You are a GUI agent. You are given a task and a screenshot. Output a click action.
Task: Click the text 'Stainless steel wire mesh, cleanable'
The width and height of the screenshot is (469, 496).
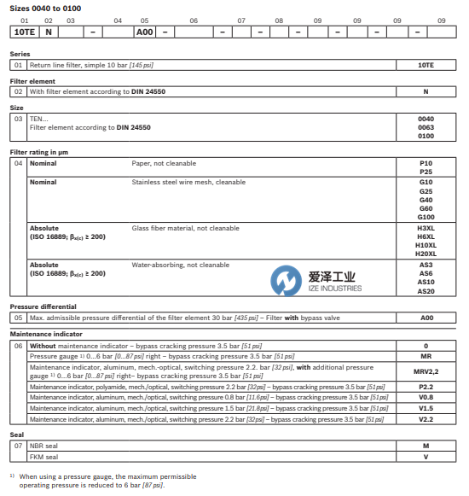click(188, 182)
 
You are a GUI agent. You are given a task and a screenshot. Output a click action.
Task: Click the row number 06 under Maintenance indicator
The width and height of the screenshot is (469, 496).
click(18, 345)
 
